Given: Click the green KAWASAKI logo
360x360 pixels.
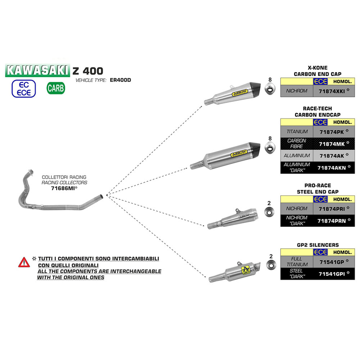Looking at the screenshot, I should [x=38, y=71].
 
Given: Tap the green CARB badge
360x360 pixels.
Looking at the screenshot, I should [x=56, y=87].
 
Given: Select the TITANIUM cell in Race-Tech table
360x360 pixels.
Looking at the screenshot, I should [x=297, y=132].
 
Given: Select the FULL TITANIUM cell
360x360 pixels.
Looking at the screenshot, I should [x=297, y=261].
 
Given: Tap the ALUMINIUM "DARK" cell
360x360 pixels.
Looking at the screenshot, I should [x=297, y=167].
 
